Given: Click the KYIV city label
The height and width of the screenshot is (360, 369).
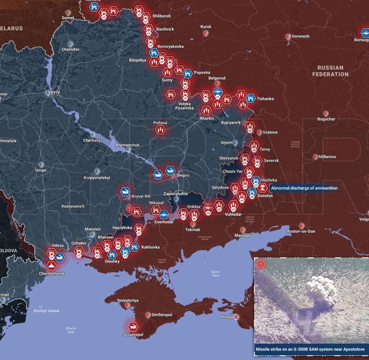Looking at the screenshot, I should (55, 92).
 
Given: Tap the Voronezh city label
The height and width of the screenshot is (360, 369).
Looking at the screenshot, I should (300, 36).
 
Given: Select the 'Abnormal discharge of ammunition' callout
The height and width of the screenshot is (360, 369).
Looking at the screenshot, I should (303, 188).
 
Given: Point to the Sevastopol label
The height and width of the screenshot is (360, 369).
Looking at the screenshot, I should (133, 335).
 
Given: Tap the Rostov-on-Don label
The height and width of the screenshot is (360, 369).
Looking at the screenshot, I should (301, 231).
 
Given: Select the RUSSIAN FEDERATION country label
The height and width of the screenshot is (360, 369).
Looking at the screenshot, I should (330, 71).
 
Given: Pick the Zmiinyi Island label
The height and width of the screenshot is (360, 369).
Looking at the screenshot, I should (46, 310).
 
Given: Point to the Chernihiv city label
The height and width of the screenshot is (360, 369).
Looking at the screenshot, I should (70, 50).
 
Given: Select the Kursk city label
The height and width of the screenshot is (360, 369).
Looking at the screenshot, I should (206, 27).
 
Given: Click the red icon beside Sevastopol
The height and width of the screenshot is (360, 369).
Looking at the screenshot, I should (133, 325).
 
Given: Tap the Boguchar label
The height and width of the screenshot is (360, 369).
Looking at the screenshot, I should (326, 119).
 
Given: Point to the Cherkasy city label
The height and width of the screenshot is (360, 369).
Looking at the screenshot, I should (92, 140).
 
